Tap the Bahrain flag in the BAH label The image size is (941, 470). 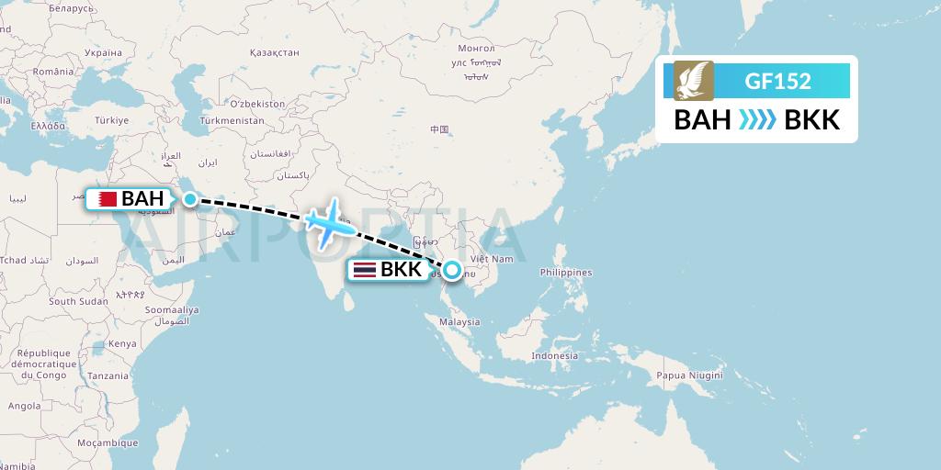(108, 198)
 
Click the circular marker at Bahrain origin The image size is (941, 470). (189, 198)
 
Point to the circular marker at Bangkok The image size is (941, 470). (452, 270)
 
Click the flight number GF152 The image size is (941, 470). (778, 81)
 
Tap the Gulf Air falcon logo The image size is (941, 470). (694, 80)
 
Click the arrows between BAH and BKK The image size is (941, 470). (757, 120)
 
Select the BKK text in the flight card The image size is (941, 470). (812, 120)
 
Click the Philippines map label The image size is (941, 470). (566, 273)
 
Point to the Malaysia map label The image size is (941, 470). (460, 321)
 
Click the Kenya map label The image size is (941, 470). (122, 343)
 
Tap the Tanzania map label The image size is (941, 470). (108, 376)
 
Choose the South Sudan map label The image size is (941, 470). (78, 301)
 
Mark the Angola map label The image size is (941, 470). (25, 405)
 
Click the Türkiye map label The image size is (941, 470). (112, 120)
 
